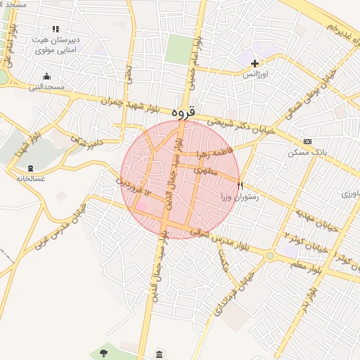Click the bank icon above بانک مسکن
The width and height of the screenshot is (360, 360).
point(307,141)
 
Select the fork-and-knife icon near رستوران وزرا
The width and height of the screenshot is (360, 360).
point(241,186)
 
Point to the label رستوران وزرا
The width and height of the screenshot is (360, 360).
point(240,198)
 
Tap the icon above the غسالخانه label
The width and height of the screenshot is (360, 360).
point(30,168)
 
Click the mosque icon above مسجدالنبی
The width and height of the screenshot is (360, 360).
point(46,77)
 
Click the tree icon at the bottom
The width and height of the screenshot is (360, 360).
point(103,351)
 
